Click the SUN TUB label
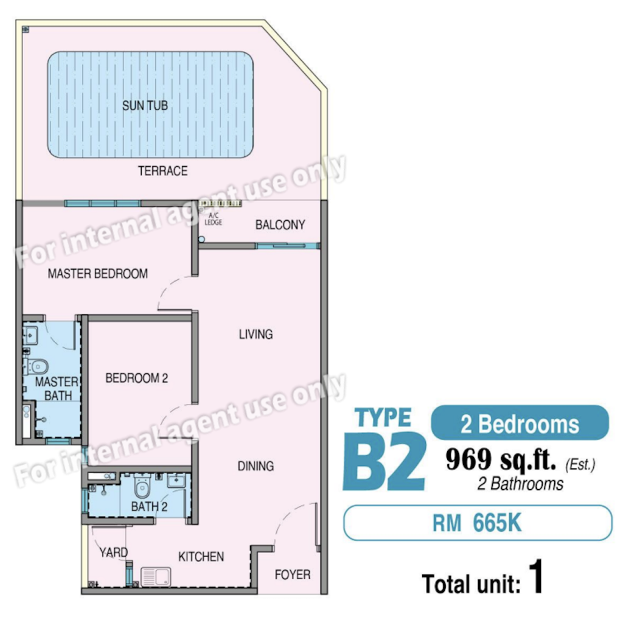point(145,106)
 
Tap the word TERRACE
point(162,171)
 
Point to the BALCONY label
point(280,225)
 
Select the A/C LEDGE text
point(214,219)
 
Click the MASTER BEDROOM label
point(98,273)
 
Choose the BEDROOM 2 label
point(137,378)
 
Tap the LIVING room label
point(256,334)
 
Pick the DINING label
point(256,465)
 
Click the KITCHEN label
point(201,557)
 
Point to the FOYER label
point(293,574)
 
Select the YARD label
point(114,552)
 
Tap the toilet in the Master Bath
point(37,366)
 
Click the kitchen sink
point(156,577)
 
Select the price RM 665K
point(477,523)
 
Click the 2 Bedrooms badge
point(520,423)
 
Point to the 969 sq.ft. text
point(501,460)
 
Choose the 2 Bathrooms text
point(520,484)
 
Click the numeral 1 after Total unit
point(536,576)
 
